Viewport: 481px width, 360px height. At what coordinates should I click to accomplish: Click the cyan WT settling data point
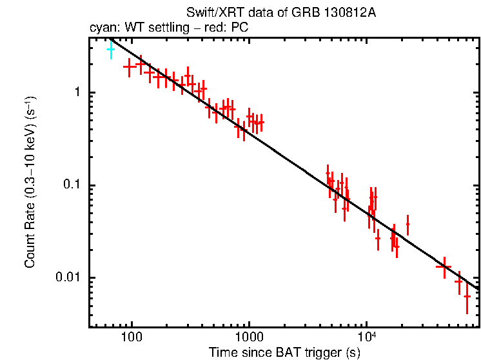pos(111,49)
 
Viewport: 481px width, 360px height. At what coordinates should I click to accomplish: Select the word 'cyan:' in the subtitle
pos(102,28)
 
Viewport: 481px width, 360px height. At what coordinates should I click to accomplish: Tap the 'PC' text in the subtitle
pos(240,28)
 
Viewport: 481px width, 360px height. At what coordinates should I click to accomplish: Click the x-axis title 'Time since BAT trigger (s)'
pos(284,352)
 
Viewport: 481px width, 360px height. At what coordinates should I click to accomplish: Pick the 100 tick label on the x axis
pos(132,337)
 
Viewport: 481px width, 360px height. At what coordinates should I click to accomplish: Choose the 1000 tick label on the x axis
pos(249,337)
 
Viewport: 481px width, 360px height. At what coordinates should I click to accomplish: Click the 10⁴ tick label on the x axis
pos(366,335)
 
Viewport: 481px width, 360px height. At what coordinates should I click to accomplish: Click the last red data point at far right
pos(467,296)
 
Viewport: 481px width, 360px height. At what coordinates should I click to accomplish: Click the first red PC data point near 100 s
pos(130,66)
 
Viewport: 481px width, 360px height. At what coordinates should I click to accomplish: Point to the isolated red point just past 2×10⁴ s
pos(407,225)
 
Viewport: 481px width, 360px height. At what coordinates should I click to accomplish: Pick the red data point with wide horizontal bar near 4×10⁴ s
pos(444,266)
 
